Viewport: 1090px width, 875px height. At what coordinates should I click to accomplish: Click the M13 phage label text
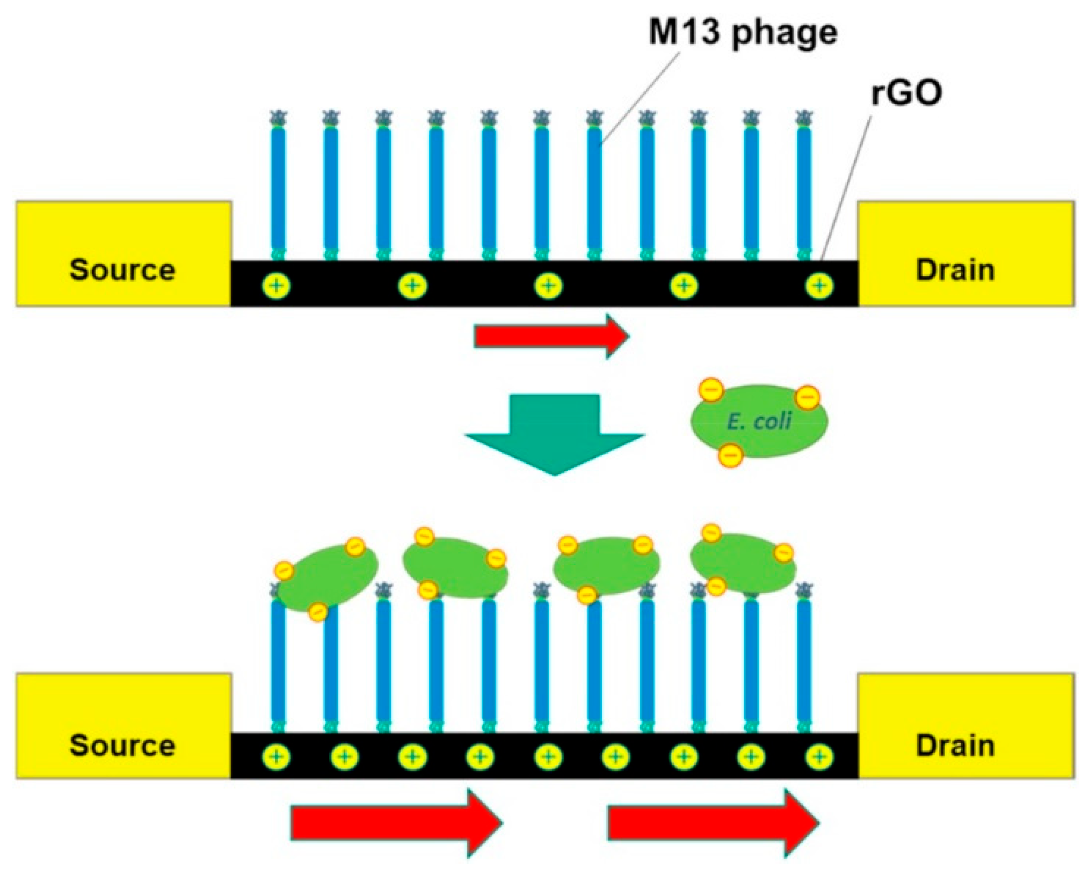tap(743, 33)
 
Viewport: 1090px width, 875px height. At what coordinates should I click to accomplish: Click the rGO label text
tap(906, 93)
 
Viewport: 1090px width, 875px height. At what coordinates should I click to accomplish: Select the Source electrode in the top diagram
tap(123, 254)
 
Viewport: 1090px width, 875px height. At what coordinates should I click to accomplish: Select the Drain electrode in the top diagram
tap(965, 254)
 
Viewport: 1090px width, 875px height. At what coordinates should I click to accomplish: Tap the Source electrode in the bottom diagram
tap(123, 725)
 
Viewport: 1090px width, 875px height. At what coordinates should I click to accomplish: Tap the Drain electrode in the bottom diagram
tap(965, 725)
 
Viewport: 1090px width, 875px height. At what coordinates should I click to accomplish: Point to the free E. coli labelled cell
tap(759, 421)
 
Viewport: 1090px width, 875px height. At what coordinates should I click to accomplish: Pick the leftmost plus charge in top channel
tap(277, 286)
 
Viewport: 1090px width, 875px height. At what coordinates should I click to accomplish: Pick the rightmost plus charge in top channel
tap(819, 286)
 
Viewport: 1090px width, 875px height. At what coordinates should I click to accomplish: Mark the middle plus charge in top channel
tap(548, 286)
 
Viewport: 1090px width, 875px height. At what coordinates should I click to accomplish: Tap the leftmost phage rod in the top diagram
tap(278, 188)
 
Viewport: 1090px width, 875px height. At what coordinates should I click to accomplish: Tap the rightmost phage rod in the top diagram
tap(804, 188)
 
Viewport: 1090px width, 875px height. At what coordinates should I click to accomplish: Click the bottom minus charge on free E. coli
tap(730, 455)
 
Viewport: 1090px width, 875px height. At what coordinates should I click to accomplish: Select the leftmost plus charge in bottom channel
tap(277, 757)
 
